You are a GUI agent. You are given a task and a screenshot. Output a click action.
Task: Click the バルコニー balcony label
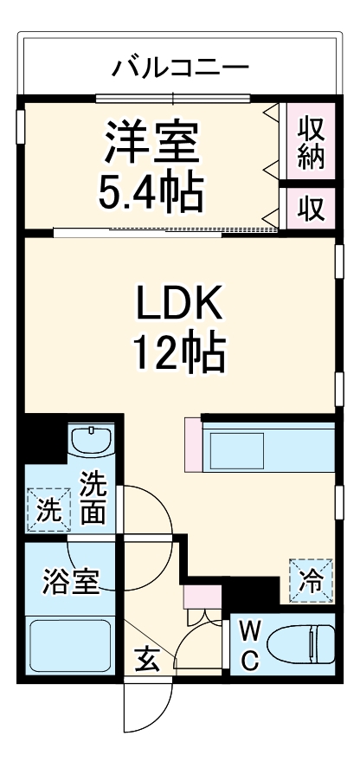point(181,67)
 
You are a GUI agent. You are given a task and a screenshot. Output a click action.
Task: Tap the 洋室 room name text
point(153,142)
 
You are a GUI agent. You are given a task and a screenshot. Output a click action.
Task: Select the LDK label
point(179,305)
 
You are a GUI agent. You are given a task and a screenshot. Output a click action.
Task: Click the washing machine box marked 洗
point(46,508)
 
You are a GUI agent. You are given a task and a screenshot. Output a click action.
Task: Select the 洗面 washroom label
point(93,500)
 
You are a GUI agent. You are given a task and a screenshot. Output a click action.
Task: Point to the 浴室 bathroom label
point(69,581)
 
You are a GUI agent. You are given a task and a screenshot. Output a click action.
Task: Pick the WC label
point(247,644)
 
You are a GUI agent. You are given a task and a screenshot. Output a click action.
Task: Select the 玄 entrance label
point(146,661)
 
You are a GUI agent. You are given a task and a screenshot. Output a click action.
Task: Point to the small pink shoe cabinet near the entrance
point(202,598)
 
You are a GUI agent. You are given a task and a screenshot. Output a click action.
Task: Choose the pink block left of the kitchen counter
point(192,445)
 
